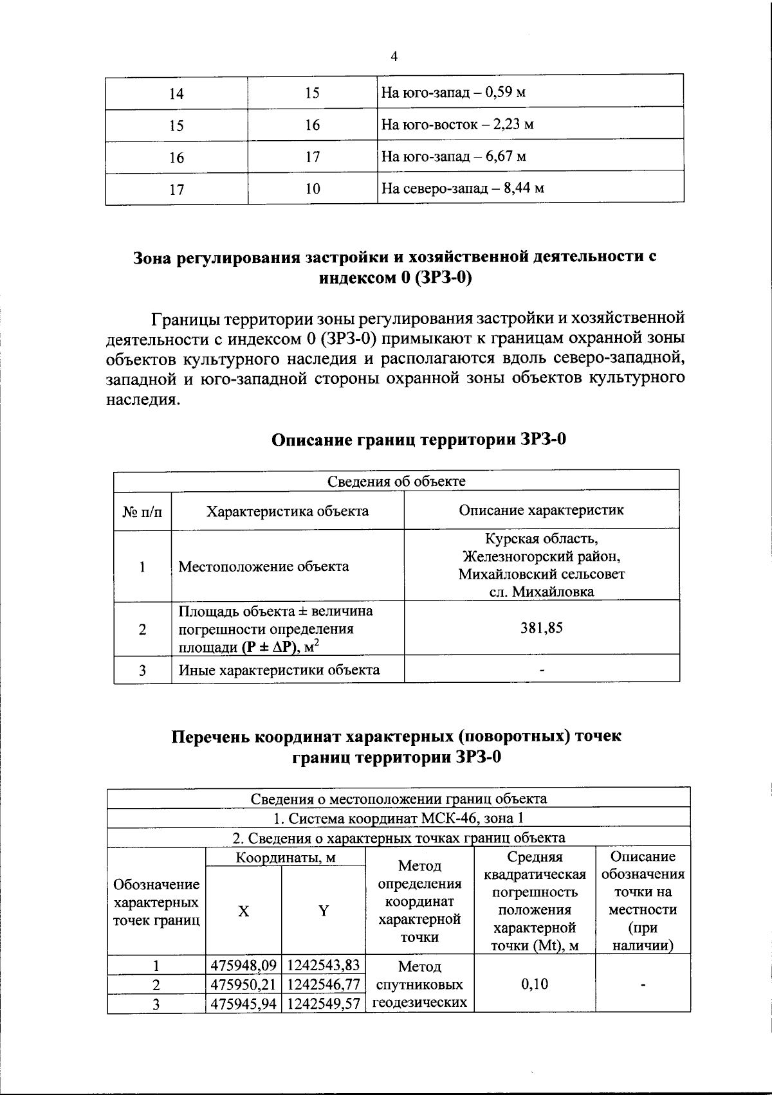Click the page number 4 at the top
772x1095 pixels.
(x=394, y=57)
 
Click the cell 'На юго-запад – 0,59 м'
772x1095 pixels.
(x=454, y=92)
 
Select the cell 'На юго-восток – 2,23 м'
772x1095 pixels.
(x=457, y=124)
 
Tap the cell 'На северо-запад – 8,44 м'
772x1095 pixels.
(x=463, y=188)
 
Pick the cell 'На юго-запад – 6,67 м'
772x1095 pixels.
(x=454, y=156)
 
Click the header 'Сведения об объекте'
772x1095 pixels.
(x=396, y=481)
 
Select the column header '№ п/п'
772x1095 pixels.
(x=142, y=512)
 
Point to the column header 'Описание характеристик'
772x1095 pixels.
(x=541, y=511)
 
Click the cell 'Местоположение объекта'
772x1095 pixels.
(x=264, y=566)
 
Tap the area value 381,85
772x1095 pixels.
(x=541, y=628)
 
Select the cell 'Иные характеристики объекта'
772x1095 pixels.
(x=279, y=670)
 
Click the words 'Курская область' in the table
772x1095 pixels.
(x=541, y=538)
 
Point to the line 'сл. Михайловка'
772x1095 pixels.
(x=541, y=592)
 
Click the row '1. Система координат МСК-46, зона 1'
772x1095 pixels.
(x=398, y=819)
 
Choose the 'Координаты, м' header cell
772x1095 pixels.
(x=286, y=858)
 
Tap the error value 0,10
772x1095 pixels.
(x=535, y=984)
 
